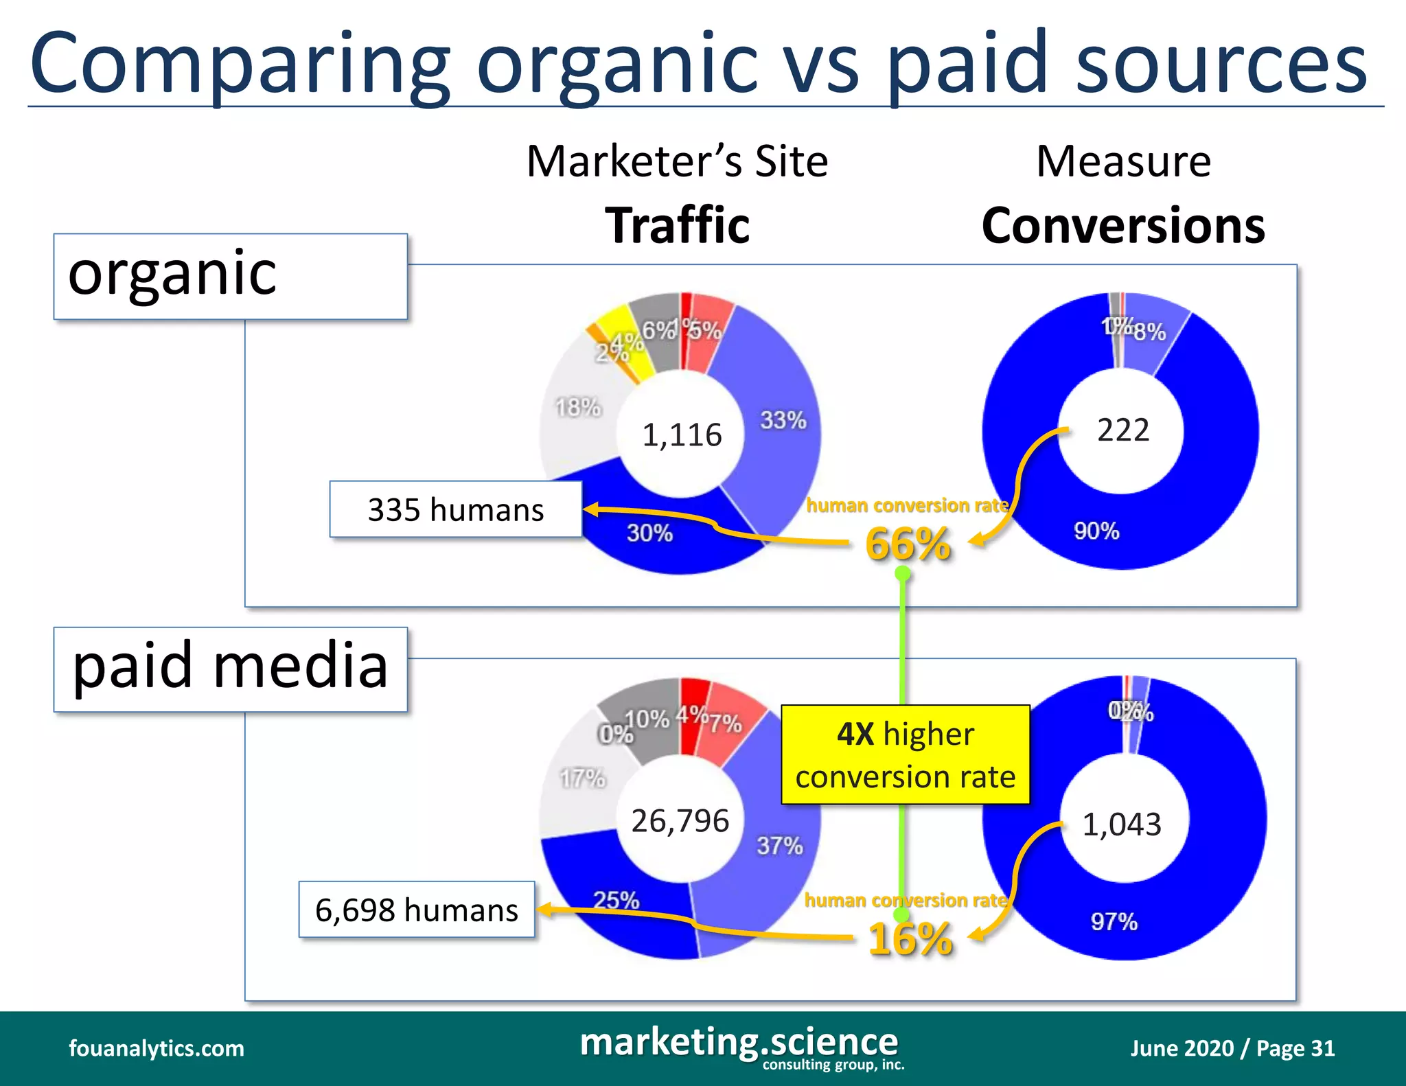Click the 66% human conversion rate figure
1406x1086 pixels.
[x=908, y=544]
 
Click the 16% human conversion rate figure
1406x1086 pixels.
[x=910, y=938]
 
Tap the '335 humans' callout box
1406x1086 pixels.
[x=455, y=509]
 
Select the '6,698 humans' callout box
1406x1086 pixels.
[x=416, y=910]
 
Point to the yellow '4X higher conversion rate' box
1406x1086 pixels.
[x=905, y=754]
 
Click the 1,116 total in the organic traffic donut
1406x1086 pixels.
[x=682, y=435]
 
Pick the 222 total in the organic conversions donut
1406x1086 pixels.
[x=1123, y=430]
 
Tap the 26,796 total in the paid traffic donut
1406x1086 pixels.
[x=680, y=821]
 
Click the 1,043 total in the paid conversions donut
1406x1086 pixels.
[x=1122, y=824]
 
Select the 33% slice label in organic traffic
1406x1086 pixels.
[x=783, y=420]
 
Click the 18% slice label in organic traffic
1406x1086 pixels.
[x=577, y=408]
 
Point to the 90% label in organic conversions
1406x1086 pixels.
[x=1096, y=531]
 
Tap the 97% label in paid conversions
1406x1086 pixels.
[x=1114, y=921]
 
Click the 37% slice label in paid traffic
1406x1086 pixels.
[x=779, y=846]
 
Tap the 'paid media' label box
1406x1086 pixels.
[x=231, y=669]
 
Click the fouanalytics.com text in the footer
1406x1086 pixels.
[x=157, y=1048]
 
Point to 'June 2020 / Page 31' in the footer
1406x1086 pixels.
[x=1232, y=1048]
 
